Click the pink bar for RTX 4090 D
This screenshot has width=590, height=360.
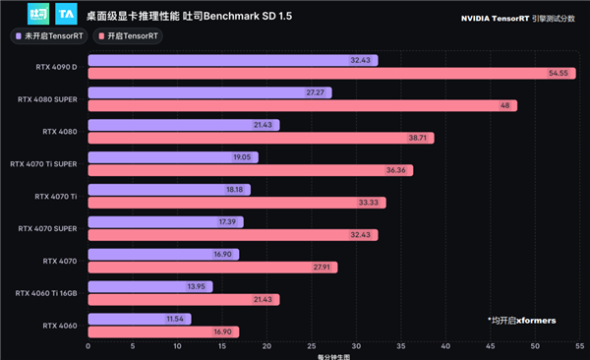pos(315,74)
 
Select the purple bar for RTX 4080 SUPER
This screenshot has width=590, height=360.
pos(206,92)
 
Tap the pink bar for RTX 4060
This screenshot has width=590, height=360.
pos(162,332)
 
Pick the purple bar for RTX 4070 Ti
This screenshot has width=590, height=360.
pos(167,190)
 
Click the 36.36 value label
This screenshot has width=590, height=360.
pos(398,170)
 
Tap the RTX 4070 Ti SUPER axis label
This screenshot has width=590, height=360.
pos(43,164)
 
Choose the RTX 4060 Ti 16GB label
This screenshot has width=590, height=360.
pos(46,293)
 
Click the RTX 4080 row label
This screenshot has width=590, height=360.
pos(60,132)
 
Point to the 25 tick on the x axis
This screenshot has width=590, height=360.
pos(311,346)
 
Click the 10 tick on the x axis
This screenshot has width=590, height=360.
pos(178,346)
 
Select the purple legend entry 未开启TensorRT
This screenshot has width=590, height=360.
pos(50,35)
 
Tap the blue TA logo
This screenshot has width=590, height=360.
pos(67,15)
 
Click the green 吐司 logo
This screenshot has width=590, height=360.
pos(38,15)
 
